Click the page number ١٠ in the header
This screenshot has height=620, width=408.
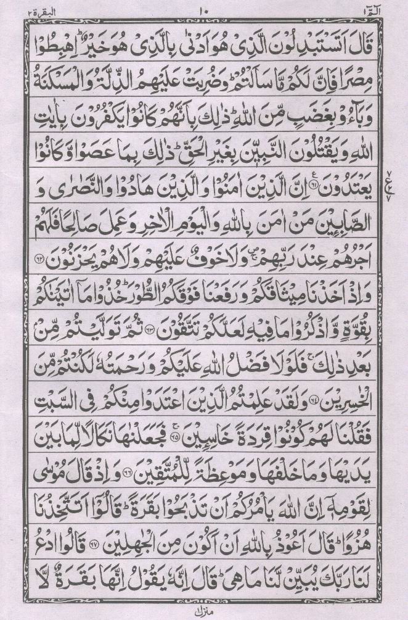(204, 10)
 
